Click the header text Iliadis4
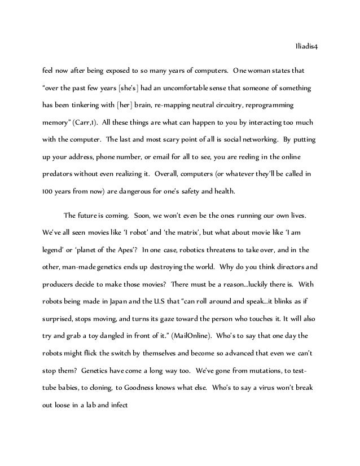(x=307, y=47)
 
